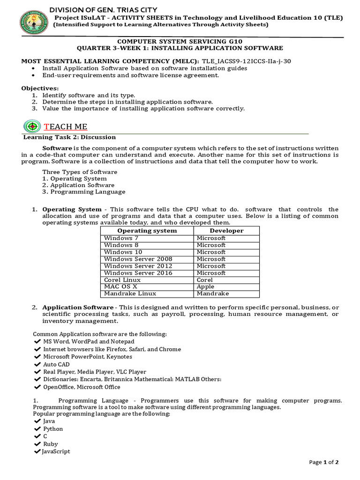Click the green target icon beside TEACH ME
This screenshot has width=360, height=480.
coord(32,127)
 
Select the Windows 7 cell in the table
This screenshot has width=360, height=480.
coord(121,238)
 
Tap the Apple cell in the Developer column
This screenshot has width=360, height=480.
coord(205,286)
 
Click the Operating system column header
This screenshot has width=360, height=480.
coord(147,231)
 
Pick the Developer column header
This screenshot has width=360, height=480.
coord(226,231)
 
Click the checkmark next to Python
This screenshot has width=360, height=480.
coord(37,429)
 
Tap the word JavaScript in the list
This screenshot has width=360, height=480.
coord(56,451)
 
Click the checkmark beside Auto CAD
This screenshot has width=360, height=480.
coord(37,364)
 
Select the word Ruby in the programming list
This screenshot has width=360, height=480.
coord(51,444)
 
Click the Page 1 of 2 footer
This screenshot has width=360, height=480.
coord(324,462)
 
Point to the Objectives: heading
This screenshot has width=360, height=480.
coord(40,88)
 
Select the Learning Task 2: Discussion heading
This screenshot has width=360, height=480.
coord(69,137)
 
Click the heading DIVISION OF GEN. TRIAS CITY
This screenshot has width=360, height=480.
coord(104,10)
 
